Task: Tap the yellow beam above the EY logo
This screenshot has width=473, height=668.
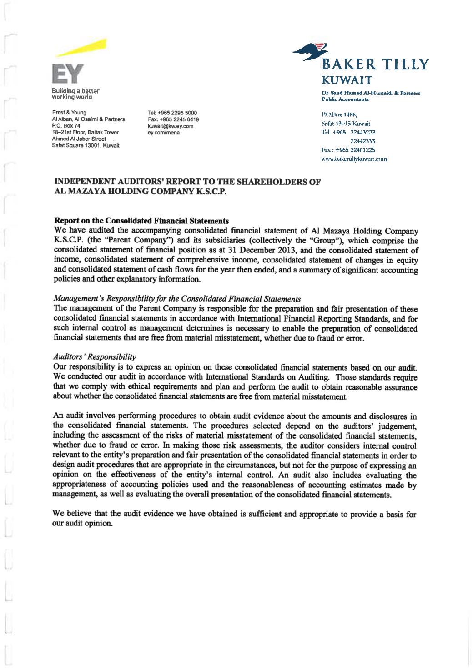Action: point(82,49)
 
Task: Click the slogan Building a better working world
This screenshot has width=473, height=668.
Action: point(75,94)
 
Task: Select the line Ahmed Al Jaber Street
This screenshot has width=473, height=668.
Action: point(79,139)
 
